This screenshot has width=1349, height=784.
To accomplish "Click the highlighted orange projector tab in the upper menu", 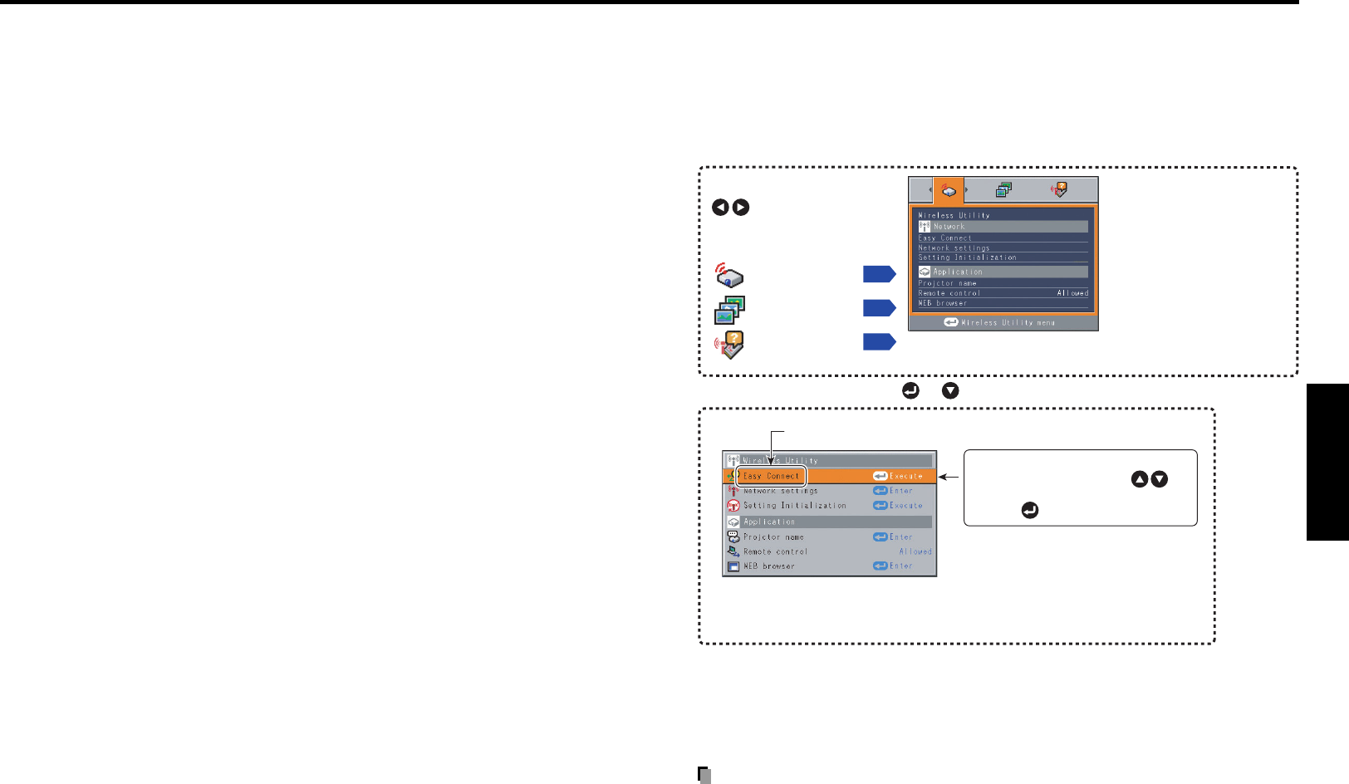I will point(949,190).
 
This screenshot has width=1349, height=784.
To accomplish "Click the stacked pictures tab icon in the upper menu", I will point(1003,190).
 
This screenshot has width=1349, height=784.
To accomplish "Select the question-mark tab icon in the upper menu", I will point(1059,190).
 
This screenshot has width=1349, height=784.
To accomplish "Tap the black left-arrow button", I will point(720,208).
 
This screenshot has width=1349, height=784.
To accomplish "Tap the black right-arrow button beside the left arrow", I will point(741,208).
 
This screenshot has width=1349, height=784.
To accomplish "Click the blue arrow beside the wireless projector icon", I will point(879,274).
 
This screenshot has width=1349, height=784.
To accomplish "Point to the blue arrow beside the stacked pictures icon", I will point(879,308).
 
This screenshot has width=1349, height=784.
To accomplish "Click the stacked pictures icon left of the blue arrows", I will point(729,310).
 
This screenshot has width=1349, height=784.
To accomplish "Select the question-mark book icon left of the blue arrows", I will point(729,345).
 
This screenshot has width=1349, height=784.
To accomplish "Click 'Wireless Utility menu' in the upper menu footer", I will point(1008,322).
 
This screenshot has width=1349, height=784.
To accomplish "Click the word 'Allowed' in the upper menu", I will point(1072,293).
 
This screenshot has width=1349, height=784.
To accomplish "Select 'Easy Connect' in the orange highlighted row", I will point(771,476).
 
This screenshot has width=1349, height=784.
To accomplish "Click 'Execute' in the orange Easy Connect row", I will point(905,476).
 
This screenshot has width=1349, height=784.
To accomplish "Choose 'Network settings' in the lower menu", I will point(780,491).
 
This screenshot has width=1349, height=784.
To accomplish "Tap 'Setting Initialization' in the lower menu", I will point(794,505).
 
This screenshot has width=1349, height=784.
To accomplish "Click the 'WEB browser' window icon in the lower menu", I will point(733,566).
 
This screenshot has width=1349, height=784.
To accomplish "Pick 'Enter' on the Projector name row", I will point(900,537).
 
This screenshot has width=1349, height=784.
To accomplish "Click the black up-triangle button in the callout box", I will point(1140,479).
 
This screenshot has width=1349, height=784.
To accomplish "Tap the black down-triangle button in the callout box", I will point(1160,479).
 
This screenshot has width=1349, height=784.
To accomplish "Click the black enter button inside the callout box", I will point(1030,511).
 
